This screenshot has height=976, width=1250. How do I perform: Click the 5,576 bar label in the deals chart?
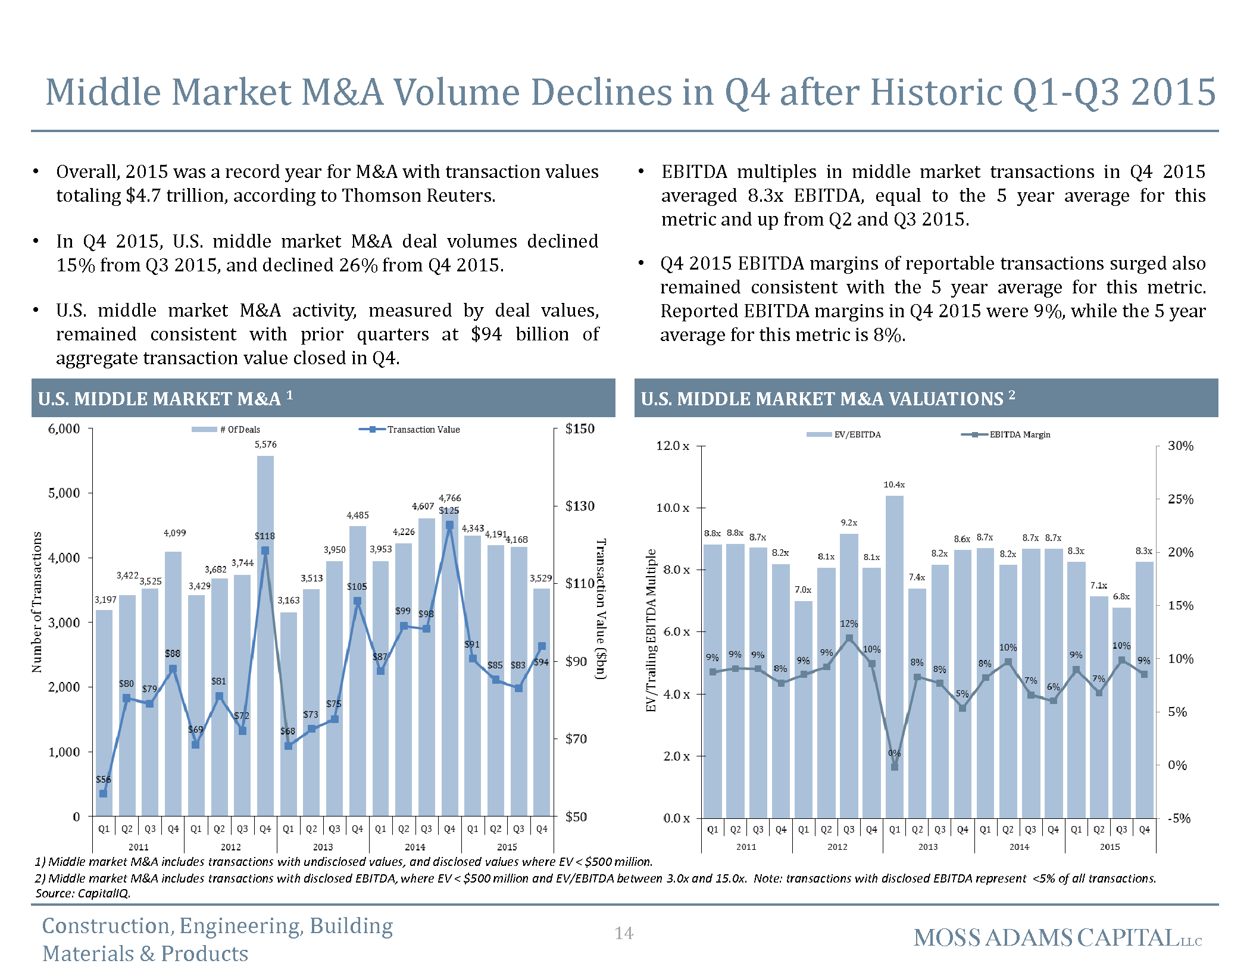coord(265,445)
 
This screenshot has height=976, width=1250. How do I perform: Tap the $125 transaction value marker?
coord(449,525)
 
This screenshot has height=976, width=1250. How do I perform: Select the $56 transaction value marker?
coord(103,793)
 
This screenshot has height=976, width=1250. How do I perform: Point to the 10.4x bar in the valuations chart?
coord(894,655)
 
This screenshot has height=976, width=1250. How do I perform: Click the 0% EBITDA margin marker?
coord(894,767)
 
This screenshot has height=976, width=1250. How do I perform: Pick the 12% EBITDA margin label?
coord(849,624)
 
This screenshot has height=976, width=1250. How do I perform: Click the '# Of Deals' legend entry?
coord(226,430)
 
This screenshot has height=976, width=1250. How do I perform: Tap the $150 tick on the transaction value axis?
coord(579,428)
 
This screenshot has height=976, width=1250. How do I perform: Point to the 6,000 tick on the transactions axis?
coord(64,428)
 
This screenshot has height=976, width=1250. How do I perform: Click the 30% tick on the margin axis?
coord(1180,446)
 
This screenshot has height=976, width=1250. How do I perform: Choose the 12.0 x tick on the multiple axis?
coord(673,446)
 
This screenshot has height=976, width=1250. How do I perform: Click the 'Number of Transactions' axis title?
coord(37,602)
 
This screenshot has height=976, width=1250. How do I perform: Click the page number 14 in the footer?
coord(624,933)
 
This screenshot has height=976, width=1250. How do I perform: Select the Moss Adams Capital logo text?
coord(1057,938)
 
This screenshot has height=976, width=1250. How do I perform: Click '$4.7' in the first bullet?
coord(143,196)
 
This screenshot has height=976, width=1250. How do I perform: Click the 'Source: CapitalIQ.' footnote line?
coord(83,893)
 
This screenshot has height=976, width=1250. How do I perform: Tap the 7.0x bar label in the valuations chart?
coord(803,590)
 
